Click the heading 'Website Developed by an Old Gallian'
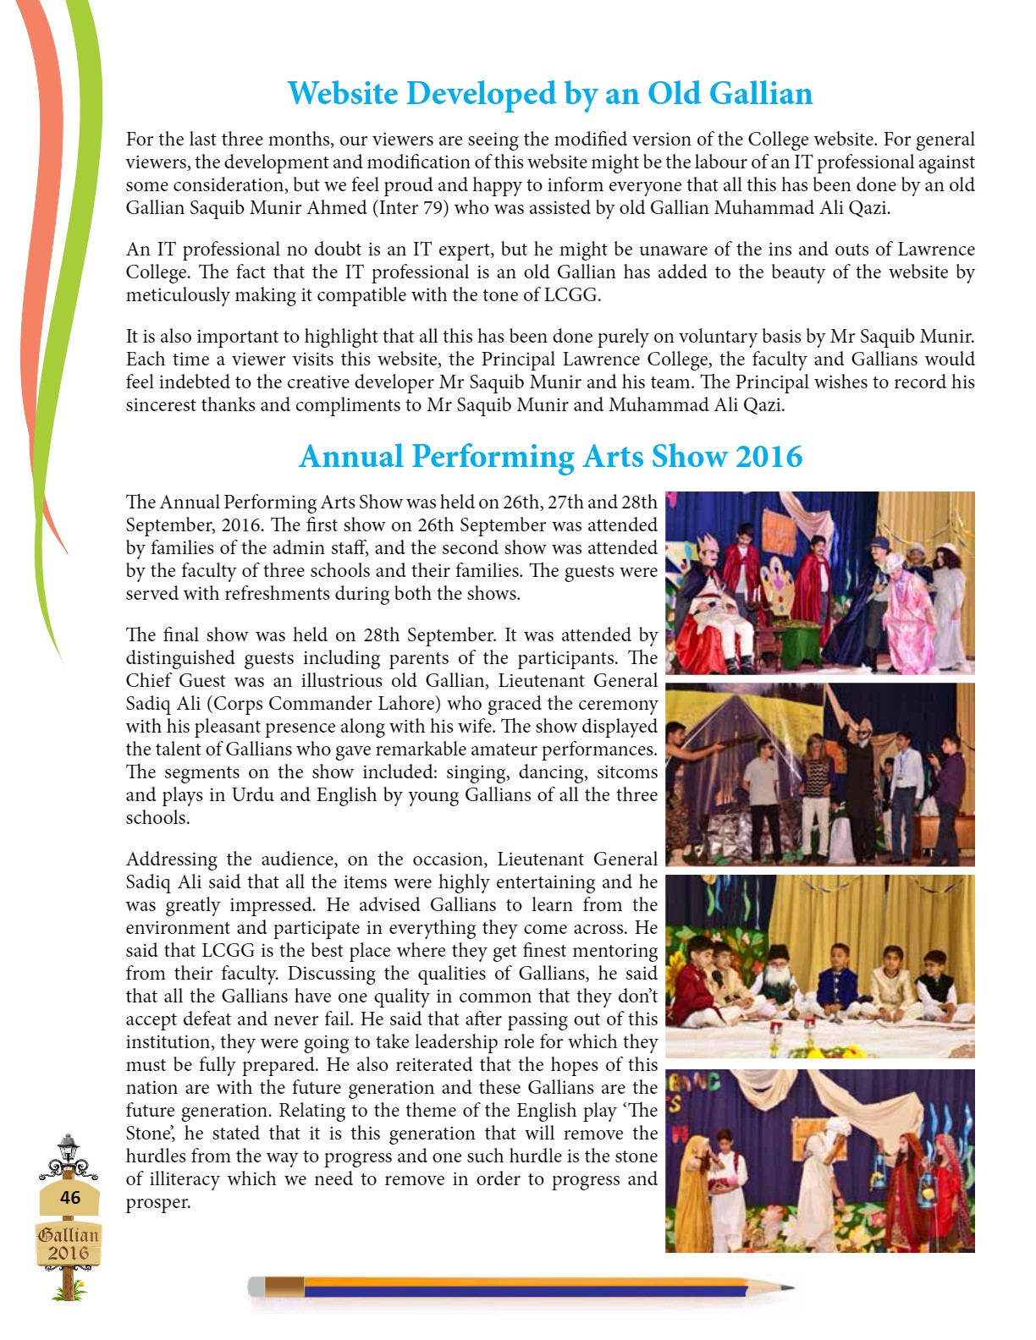[x=549, y=93]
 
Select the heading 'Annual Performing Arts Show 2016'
[x=550, y=457]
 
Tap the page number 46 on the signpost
[x=70, y=1197]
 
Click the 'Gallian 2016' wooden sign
[x=69, y=1244]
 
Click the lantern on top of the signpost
[x=68, y=1148]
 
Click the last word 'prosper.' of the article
[x=158, y=1202]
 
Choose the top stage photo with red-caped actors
[x=819, y=583]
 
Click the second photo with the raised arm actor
[x=819, y=775]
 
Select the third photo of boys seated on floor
[x=819, y=966]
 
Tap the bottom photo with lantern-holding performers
[x=819, y=1160]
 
